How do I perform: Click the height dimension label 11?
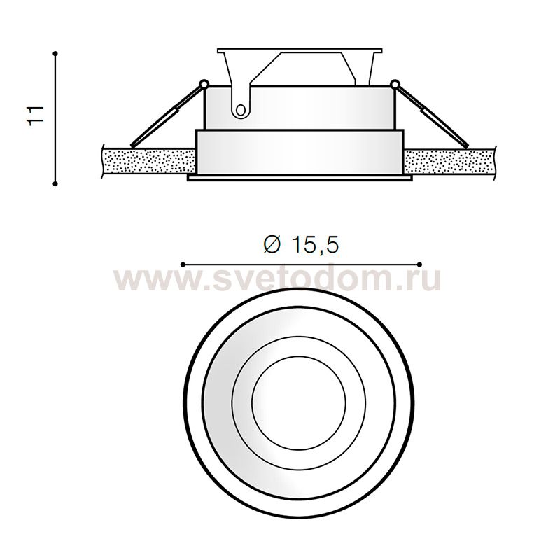click(36, 115)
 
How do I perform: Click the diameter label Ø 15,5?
click(300, 245)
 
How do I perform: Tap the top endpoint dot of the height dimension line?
click(55, 54)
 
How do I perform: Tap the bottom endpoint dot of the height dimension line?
click(55, 183)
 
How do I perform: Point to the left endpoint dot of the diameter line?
click(183, 265)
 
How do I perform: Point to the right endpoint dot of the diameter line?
click(419, 265)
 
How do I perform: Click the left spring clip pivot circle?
click(204, 84)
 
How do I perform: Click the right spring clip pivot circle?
click(394, 84)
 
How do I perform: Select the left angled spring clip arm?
click(167, 115)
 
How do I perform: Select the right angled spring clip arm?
click(431, 115)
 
